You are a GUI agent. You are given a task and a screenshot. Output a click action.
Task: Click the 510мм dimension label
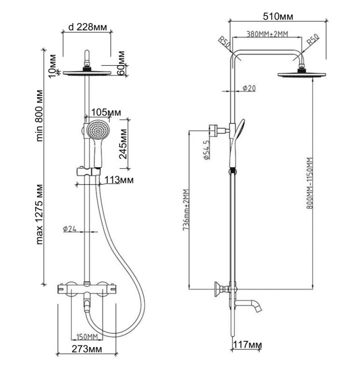click(x=278, y=16)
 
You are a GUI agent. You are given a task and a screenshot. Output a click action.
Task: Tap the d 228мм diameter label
click(x=88, y=27)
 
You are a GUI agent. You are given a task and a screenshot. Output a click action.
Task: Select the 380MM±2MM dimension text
click(x=267, y=34)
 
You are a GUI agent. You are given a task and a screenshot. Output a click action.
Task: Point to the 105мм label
click(x=106, y=112)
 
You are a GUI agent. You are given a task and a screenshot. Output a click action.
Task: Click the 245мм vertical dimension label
click(x=123, y=144)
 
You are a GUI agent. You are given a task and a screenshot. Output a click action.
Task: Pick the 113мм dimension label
click(x=119, y=180)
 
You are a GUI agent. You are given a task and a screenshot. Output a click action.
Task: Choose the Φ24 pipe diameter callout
click(x=69, y=229)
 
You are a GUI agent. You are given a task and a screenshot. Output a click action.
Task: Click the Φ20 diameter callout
click(x=249, y=88)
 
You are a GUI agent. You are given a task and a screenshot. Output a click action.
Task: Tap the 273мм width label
click(x=87, y=349)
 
